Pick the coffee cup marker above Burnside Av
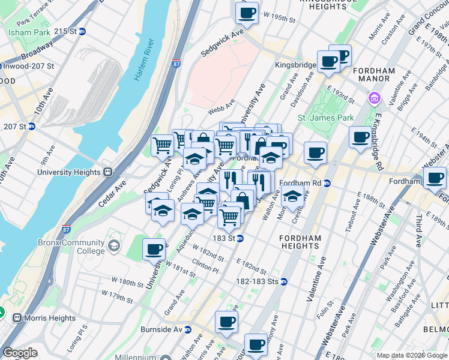point(226,322)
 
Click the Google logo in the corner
point(20,353)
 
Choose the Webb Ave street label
point(220,111)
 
